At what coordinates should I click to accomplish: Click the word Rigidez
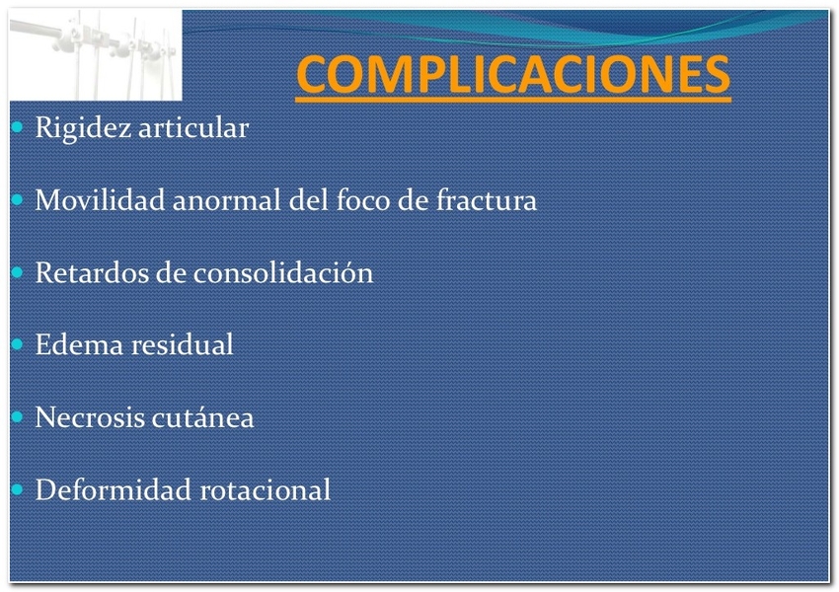(83, 128)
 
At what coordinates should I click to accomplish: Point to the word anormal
(227, 201)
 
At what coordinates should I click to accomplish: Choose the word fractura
(487, 200)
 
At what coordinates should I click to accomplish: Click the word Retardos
(92, 272)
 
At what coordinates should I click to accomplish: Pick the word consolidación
(283, 272)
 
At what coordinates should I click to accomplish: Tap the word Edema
(80, 345)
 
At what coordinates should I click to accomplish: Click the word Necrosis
(90, 417)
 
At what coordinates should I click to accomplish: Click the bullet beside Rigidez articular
(17, 128)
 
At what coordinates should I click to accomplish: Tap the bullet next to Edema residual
(17, 344)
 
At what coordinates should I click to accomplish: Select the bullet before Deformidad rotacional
(17, 489)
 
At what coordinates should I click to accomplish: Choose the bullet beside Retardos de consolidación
(17, 272)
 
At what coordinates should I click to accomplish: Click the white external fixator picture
(96, 55)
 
